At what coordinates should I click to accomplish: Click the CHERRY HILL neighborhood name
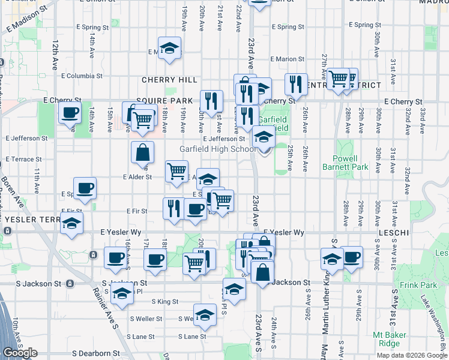click(169, 80)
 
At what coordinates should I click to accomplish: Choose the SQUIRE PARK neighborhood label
click(164, 100)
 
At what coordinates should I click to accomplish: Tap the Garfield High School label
click(218, 149)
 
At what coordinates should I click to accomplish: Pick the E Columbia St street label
click(80, 76)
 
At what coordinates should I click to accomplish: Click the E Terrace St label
click(23, 160)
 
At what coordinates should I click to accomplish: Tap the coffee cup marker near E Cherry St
click(70, 112)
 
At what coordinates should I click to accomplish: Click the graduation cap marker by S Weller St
click(205, 315)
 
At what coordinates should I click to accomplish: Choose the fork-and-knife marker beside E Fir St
click(174, 208)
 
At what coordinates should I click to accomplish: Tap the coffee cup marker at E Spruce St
click(85, 188)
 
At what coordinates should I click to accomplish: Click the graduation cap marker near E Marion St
click(170, 49)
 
